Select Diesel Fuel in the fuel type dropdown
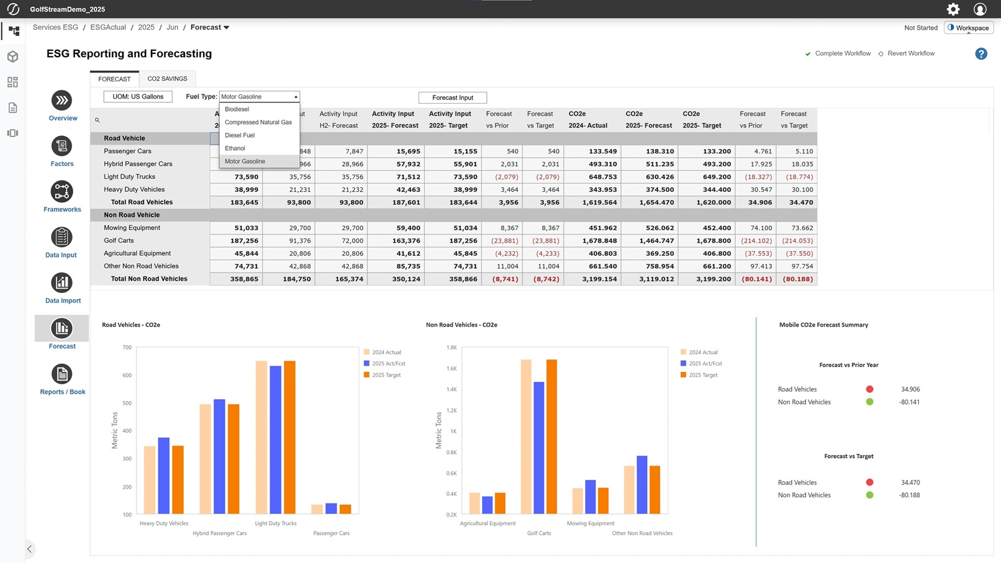240,135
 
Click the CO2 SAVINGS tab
167,79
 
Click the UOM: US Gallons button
138,97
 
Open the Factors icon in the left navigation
61,146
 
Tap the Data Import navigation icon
61,283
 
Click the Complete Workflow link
842,53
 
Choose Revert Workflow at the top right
910,53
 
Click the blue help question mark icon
981,54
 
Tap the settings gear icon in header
953,9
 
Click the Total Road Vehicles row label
142,202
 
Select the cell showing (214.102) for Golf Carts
756,241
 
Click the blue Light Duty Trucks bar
275,439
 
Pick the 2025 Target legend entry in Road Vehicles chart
386,375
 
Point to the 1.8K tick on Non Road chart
451,348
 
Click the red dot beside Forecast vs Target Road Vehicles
869,482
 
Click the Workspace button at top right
968,28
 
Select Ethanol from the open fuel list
235,148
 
